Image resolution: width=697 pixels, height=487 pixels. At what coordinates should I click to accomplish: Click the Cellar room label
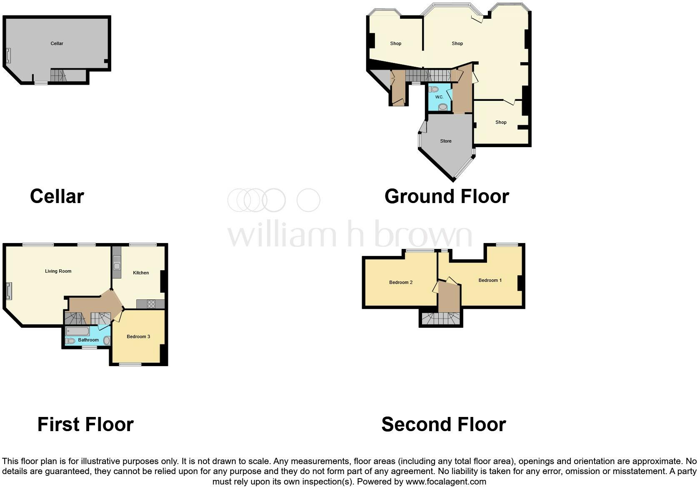[x=57, y=43]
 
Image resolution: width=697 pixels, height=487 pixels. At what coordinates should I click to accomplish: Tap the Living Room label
[x=58, y=271]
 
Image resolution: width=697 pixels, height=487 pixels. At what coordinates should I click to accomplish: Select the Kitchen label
[x=141, y=273]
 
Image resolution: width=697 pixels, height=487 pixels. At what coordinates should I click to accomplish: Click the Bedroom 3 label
[x=138, y=336]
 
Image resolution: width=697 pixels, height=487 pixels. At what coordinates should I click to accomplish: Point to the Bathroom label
[x=88, y=340]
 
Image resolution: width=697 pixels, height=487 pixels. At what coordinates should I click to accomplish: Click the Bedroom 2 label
[x=401, y=282]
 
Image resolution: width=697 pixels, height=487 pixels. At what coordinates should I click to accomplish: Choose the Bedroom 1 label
[x=490, y=280]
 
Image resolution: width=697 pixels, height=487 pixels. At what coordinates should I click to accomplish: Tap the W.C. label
[x=439, y=97]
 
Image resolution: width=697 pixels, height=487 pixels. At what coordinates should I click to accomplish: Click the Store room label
[x=446, y=141]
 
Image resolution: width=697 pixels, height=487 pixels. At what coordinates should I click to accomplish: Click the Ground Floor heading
[x=447, y=196]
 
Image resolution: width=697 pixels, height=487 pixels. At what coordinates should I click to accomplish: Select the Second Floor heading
[x=443, y=424]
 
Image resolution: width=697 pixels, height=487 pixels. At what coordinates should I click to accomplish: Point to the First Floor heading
[x=85, y=424]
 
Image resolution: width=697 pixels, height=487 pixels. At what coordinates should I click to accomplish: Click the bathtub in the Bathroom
[x=77, y=331]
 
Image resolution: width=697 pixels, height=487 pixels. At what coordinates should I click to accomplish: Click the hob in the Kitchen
[x=151, y=304]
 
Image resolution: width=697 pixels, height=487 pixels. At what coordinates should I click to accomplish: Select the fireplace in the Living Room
[x=8, y=291]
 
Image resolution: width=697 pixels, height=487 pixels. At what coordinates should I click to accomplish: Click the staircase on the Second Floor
[x=440, y=319]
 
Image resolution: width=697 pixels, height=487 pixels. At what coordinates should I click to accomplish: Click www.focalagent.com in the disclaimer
[x=446, y=482]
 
